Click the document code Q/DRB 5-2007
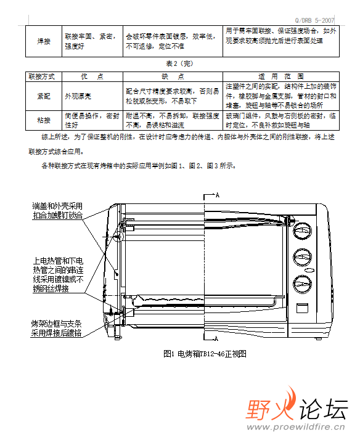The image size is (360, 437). (x=314, y=20)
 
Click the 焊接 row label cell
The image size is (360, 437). (x=44, y=41)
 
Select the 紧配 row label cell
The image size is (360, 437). (x=44, y=96)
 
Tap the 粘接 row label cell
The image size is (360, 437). (x=44, y=120)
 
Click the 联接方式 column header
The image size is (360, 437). (x=42, y=76)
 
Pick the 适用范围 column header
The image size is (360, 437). (x=281, y=76)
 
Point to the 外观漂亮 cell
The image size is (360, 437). (x=78, y=96)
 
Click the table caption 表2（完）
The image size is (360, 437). (x=179, y=63)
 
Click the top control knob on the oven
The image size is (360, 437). (x=302, y=231)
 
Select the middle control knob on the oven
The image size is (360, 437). (x=302, y=257)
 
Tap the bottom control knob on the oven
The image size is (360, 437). (x=302, y=284)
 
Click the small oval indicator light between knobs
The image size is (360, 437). (x=309, y=271)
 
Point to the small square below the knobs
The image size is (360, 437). (x=302, y=308)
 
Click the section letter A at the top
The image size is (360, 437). (x=218, y=195)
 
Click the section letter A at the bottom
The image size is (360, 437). (x=216, y=338)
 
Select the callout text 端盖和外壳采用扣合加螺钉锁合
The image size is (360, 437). (x=58, y=211)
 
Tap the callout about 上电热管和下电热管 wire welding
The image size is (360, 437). (x=58, y=275)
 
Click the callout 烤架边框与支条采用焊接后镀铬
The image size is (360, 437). (x=56, y=329)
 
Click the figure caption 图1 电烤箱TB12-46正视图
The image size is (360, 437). (x=205, y=354)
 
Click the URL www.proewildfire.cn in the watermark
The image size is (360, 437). (x=296, y=427)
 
